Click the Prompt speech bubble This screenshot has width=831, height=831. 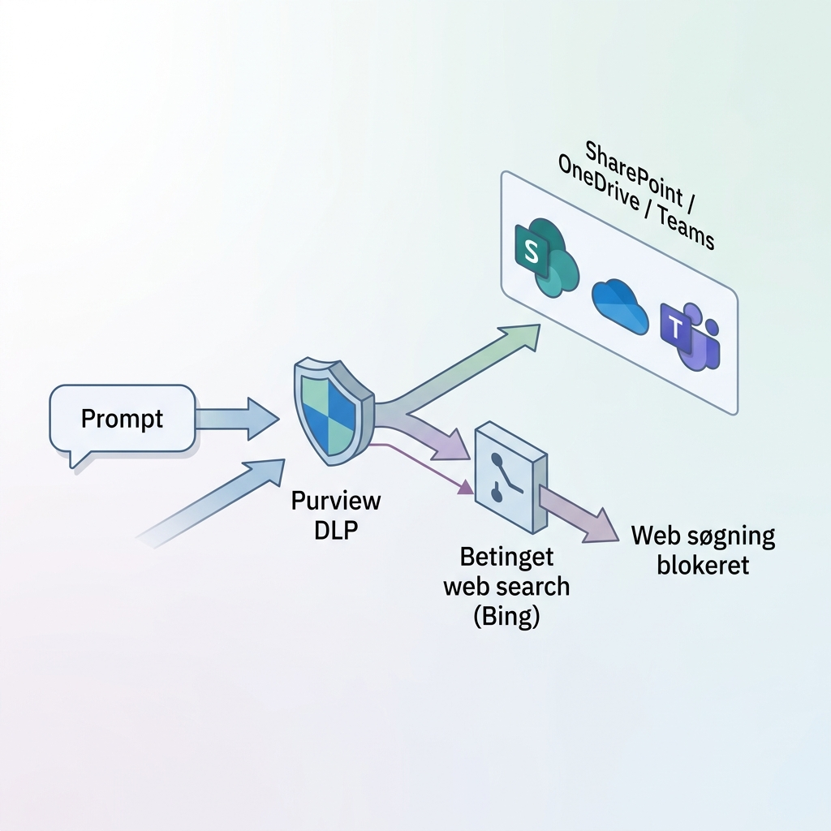click(123, 420)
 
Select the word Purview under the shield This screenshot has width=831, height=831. click(335, 501)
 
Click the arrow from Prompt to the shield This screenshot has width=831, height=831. click(235, 417)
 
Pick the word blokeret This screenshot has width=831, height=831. click(703, 565)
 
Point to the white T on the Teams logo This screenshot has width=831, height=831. click(674, 328)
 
